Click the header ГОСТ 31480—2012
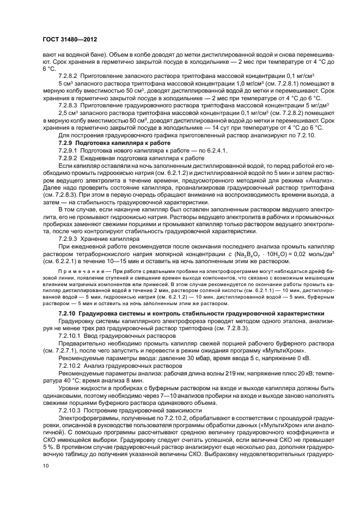coord(65,40)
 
